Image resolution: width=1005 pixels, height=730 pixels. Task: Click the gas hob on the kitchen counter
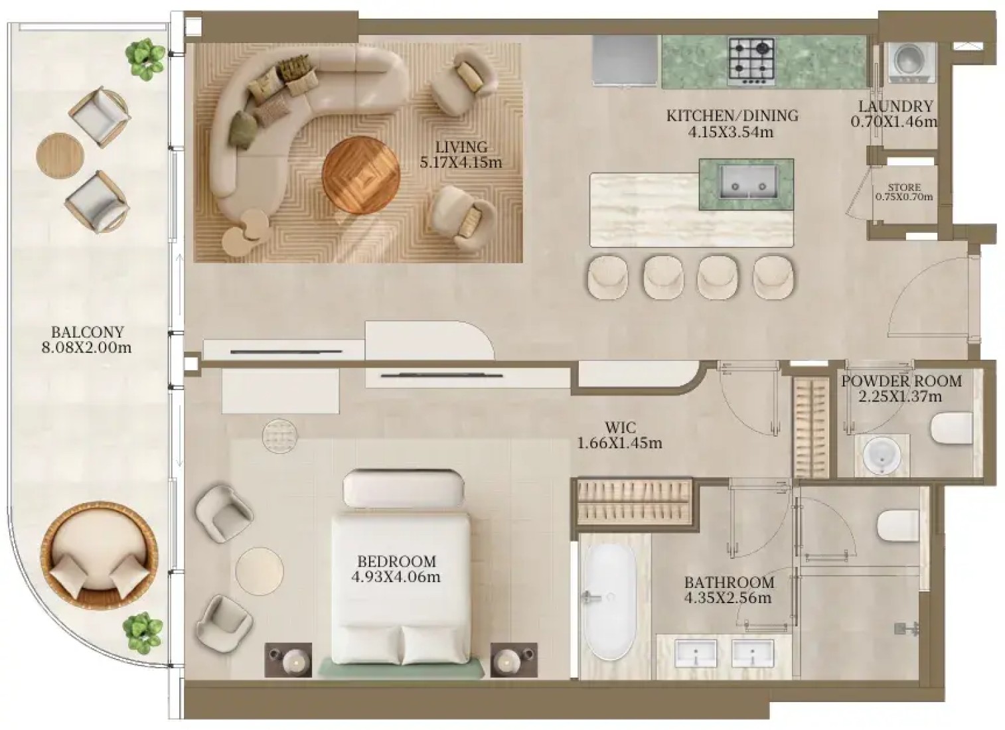[751, 62]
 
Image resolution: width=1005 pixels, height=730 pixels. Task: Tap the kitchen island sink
[748, 181]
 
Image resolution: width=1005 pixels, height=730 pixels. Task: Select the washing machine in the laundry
[912, 63]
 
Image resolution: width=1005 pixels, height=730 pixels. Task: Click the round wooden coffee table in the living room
[360, 176]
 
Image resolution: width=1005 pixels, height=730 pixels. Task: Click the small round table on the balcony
[60, 156]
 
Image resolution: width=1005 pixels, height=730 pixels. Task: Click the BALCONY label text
[87, 332]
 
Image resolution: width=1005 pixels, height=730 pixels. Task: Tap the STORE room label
[904, 187]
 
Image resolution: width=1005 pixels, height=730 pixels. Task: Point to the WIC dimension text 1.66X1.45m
[619, 443]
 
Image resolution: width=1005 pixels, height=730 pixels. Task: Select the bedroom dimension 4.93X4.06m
[396, 577]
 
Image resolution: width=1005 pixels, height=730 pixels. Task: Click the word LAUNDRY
[896, 106]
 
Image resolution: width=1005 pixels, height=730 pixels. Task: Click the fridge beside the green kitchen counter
[624, 60]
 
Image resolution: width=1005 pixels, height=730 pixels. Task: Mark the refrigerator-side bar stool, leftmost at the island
[608, 277]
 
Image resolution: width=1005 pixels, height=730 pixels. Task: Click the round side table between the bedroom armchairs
[260, 571]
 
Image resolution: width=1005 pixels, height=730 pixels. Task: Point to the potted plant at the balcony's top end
[145, 60]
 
